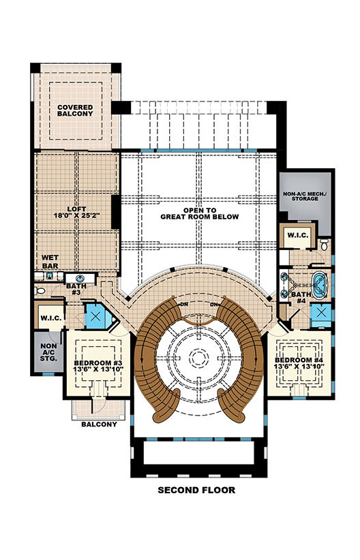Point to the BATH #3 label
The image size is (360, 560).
(74, 289)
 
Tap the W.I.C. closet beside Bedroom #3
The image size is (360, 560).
(50, 318)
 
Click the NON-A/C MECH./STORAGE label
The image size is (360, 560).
(304, 197)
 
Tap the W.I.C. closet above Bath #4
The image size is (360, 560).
(298, 236)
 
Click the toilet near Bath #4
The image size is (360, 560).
(325, 243)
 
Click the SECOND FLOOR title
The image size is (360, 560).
(197, 490)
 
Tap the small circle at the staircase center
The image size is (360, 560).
(198, 358)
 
